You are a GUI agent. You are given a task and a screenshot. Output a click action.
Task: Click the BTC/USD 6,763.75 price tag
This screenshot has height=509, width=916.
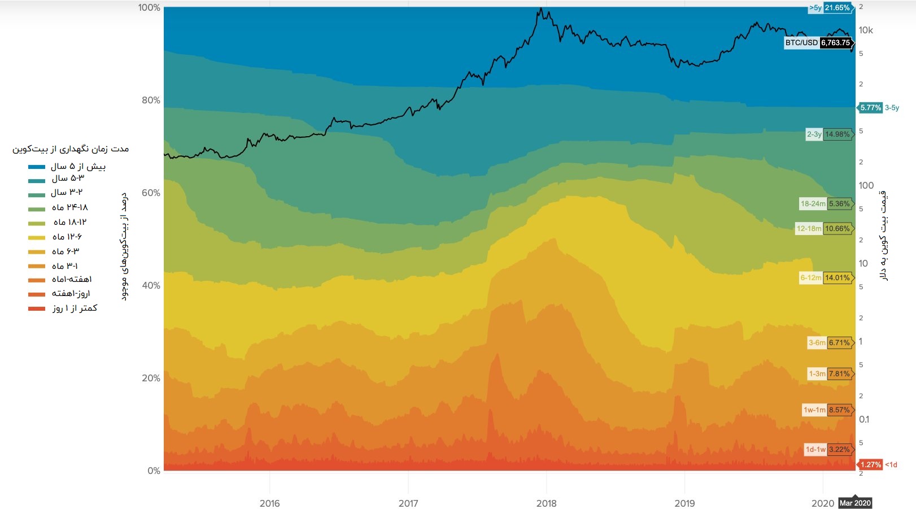(x=818, y=43)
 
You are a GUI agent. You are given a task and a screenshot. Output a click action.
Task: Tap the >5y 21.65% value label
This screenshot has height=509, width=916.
(x=830, y=8)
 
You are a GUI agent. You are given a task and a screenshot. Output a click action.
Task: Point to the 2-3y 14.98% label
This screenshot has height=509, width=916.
(x=828, y=134)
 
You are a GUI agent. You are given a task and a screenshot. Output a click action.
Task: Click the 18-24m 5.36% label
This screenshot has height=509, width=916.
(x=825, y=204)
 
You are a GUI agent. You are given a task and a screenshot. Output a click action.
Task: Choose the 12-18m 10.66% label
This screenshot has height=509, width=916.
(x=823, y=229)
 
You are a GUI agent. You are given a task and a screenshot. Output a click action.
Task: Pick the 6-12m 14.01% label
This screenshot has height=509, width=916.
(x=825, y=278)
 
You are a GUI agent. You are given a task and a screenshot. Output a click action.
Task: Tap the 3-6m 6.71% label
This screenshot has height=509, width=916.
(x=829, y=343)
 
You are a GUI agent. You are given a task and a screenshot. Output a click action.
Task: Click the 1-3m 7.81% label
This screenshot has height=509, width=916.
(x=829, y=374)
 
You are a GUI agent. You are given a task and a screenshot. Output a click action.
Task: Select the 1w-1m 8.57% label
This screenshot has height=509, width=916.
(x=827, y=410)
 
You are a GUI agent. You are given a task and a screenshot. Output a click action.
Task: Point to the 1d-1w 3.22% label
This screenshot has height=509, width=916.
(x=828, y=450)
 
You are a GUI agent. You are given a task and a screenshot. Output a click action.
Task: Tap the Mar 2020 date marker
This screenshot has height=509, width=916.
(x=855, y=503)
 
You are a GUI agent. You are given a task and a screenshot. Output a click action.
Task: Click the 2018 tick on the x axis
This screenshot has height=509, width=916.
(x=546, y=503)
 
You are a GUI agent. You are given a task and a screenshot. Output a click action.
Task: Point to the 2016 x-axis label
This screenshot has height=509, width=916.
(x=269, y=503)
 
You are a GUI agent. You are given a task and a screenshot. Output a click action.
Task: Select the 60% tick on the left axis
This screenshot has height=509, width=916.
(x=151, y=193)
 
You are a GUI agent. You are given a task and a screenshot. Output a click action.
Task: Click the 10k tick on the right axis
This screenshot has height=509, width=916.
(x=866, y=31)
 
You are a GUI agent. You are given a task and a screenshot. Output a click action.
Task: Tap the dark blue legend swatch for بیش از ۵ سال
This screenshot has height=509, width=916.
(x=37, y=167)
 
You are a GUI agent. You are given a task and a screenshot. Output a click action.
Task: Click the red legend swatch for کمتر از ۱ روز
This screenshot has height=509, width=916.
(x=37, y=308)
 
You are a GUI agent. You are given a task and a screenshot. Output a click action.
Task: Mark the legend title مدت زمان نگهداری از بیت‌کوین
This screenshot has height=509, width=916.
(x=71, y=149)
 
